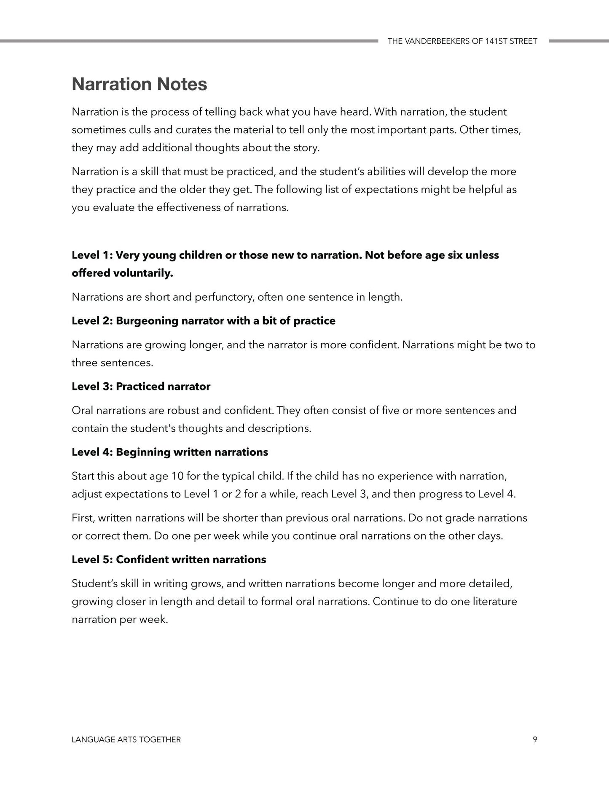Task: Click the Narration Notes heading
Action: (x=139, y=84)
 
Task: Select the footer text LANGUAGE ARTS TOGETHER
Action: (x=126, y=739)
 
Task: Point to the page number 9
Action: (x=535, y=739)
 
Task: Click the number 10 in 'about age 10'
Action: (x=177, y=476)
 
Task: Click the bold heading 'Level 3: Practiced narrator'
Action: (x=141, y=387)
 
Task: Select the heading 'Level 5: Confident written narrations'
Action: (x=169, y=560)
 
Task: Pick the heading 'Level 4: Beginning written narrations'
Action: (x=170, y=452)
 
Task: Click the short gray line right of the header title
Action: (x=579, y=41)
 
